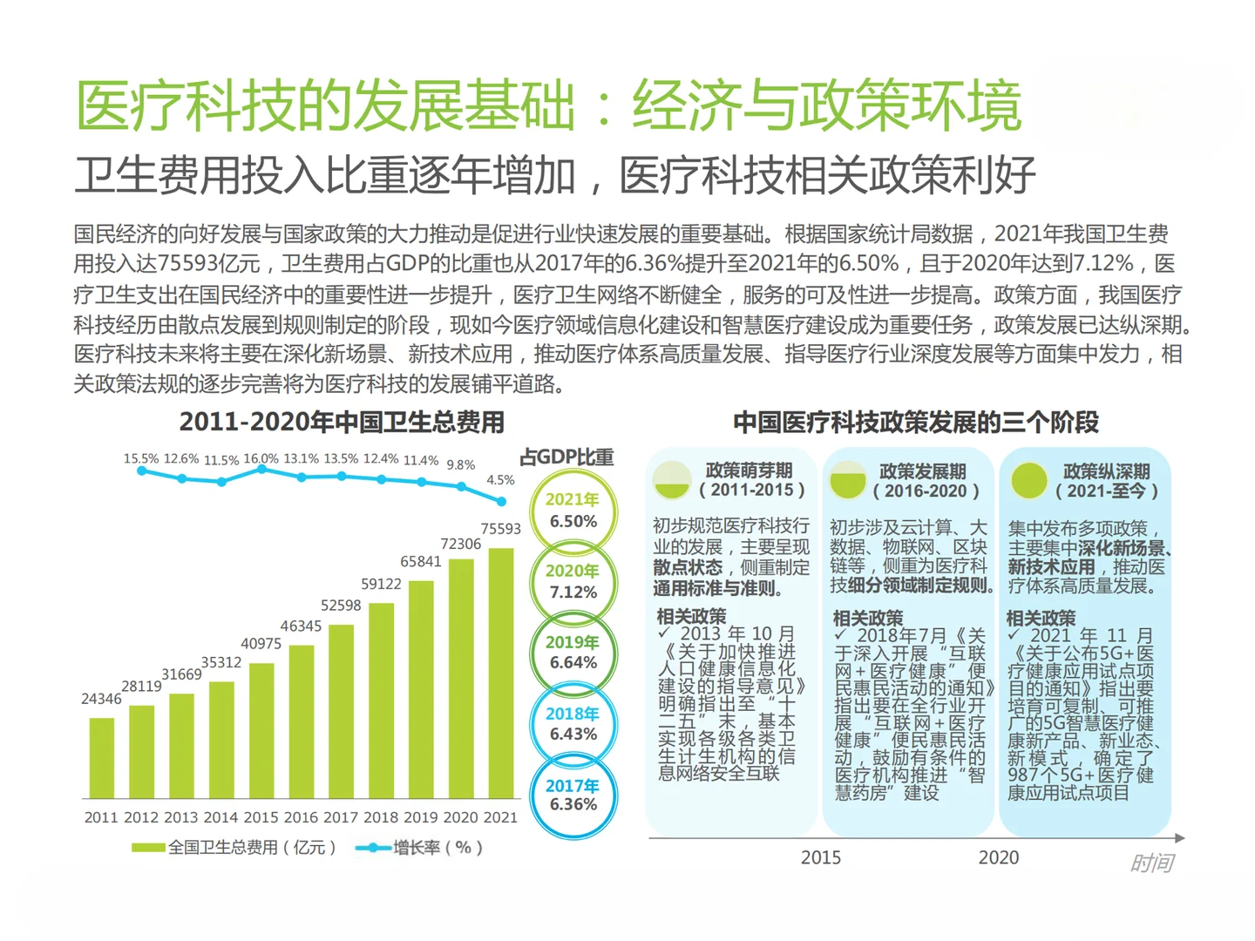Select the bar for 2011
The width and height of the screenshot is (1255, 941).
[102, 758]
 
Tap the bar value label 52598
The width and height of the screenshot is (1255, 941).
[341, 606]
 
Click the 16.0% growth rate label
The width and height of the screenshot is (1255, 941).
[261, 458]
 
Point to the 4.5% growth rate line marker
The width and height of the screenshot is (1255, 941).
[501, 501]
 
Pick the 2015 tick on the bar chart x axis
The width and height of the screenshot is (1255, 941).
[261, 817]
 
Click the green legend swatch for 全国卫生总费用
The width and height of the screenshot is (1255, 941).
[148, 848]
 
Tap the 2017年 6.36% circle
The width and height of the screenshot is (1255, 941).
[573, 795]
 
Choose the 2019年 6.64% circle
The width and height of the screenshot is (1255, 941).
[573, 653]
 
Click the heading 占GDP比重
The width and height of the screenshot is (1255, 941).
[566, 457]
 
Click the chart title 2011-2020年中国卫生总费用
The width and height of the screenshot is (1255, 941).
[342, 423]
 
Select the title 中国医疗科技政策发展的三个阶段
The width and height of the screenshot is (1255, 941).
[915, 423]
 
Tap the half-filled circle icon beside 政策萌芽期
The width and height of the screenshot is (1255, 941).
[672, 480]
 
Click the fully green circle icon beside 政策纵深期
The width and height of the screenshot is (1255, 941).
[1028, 480]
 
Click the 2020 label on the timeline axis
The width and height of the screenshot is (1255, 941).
[998, 858]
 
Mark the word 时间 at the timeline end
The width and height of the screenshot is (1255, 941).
[1151, 863]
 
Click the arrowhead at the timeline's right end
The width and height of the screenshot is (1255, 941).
[1179, 838]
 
